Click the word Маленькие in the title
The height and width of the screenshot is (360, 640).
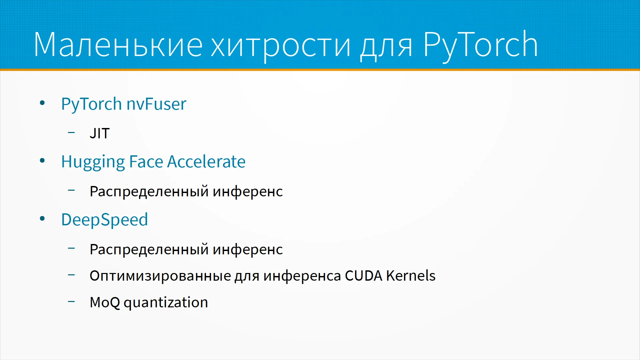click(118, 44)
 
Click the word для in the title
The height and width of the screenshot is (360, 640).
click(386, 47)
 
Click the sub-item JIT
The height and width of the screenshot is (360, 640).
click(100, 133)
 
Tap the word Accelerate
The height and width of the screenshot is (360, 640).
click(206, 162)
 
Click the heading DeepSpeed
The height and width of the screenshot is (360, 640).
click(105, 220)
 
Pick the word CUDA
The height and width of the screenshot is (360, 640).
click(364, 276)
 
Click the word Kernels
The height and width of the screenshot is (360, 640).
click(411, 275)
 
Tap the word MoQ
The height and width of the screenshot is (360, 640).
click(105, 303)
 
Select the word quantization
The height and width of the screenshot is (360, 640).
click(166, 303)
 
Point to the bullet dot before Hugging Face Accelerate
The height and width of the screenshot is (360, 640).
click(42, 161)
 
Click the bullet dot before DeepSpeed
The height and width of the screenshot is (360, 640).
click(42, 219)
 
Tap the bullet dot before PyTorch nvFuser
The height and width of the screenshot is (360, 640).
click(42, 103)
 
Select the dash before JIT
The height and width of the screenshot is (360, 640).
click(71, 133)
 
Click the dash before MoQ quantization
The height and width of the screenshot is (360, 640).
click(71, 302)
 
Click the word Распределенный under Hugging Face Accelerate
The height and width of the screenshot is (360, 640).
click(149, 191)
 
